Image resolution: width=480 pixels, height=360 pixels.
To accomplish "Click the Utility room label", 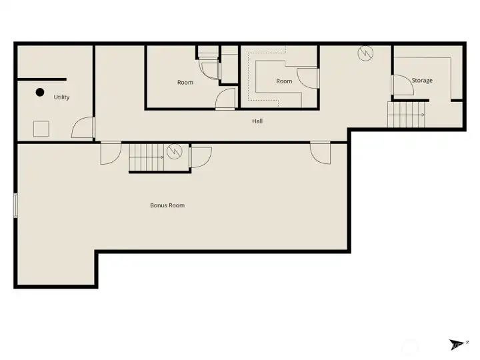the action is (61, 97).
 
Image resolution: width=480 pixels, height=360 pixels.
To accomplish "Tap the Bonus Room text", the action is (167, 205).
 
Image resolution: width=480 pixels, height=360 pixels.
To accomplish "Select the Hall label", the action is (257, 121).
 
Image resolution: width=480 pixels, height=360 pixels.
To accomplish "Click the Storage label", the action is (422, 81).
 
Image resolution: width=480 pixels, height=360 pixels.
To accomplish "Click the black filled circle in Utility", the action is (40, 92).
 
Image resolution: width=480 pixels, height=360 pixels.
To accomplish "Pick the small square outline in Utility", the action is (41, 129).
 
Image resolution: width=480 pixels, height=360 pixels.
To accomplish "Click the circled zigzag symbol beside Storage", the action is (365, 53).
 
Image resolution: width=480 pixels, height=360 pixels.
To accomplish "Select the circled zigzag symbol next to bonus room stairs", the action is (175, 151).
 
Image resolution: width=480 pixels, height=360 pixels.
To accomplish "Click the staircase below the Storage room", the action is (406, 115).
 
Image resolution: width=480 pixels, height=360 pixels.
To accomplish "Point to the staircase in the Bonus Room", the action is (147, 157).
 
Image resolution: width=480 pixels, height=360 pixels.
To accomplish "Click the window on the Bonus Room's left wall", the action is (15, 205).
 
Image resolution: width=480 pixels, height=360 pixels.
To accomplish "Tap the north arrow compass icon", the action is (457, 344).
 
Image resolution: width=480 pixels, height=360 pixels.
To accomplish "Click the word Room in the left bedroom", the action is (185, 83).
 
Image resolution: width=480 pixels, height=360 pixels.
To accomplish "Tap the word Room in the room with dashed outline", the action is (284, 81).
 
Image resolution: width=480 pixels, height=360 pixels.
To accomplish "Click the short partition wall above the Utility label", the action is (42, 79).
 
